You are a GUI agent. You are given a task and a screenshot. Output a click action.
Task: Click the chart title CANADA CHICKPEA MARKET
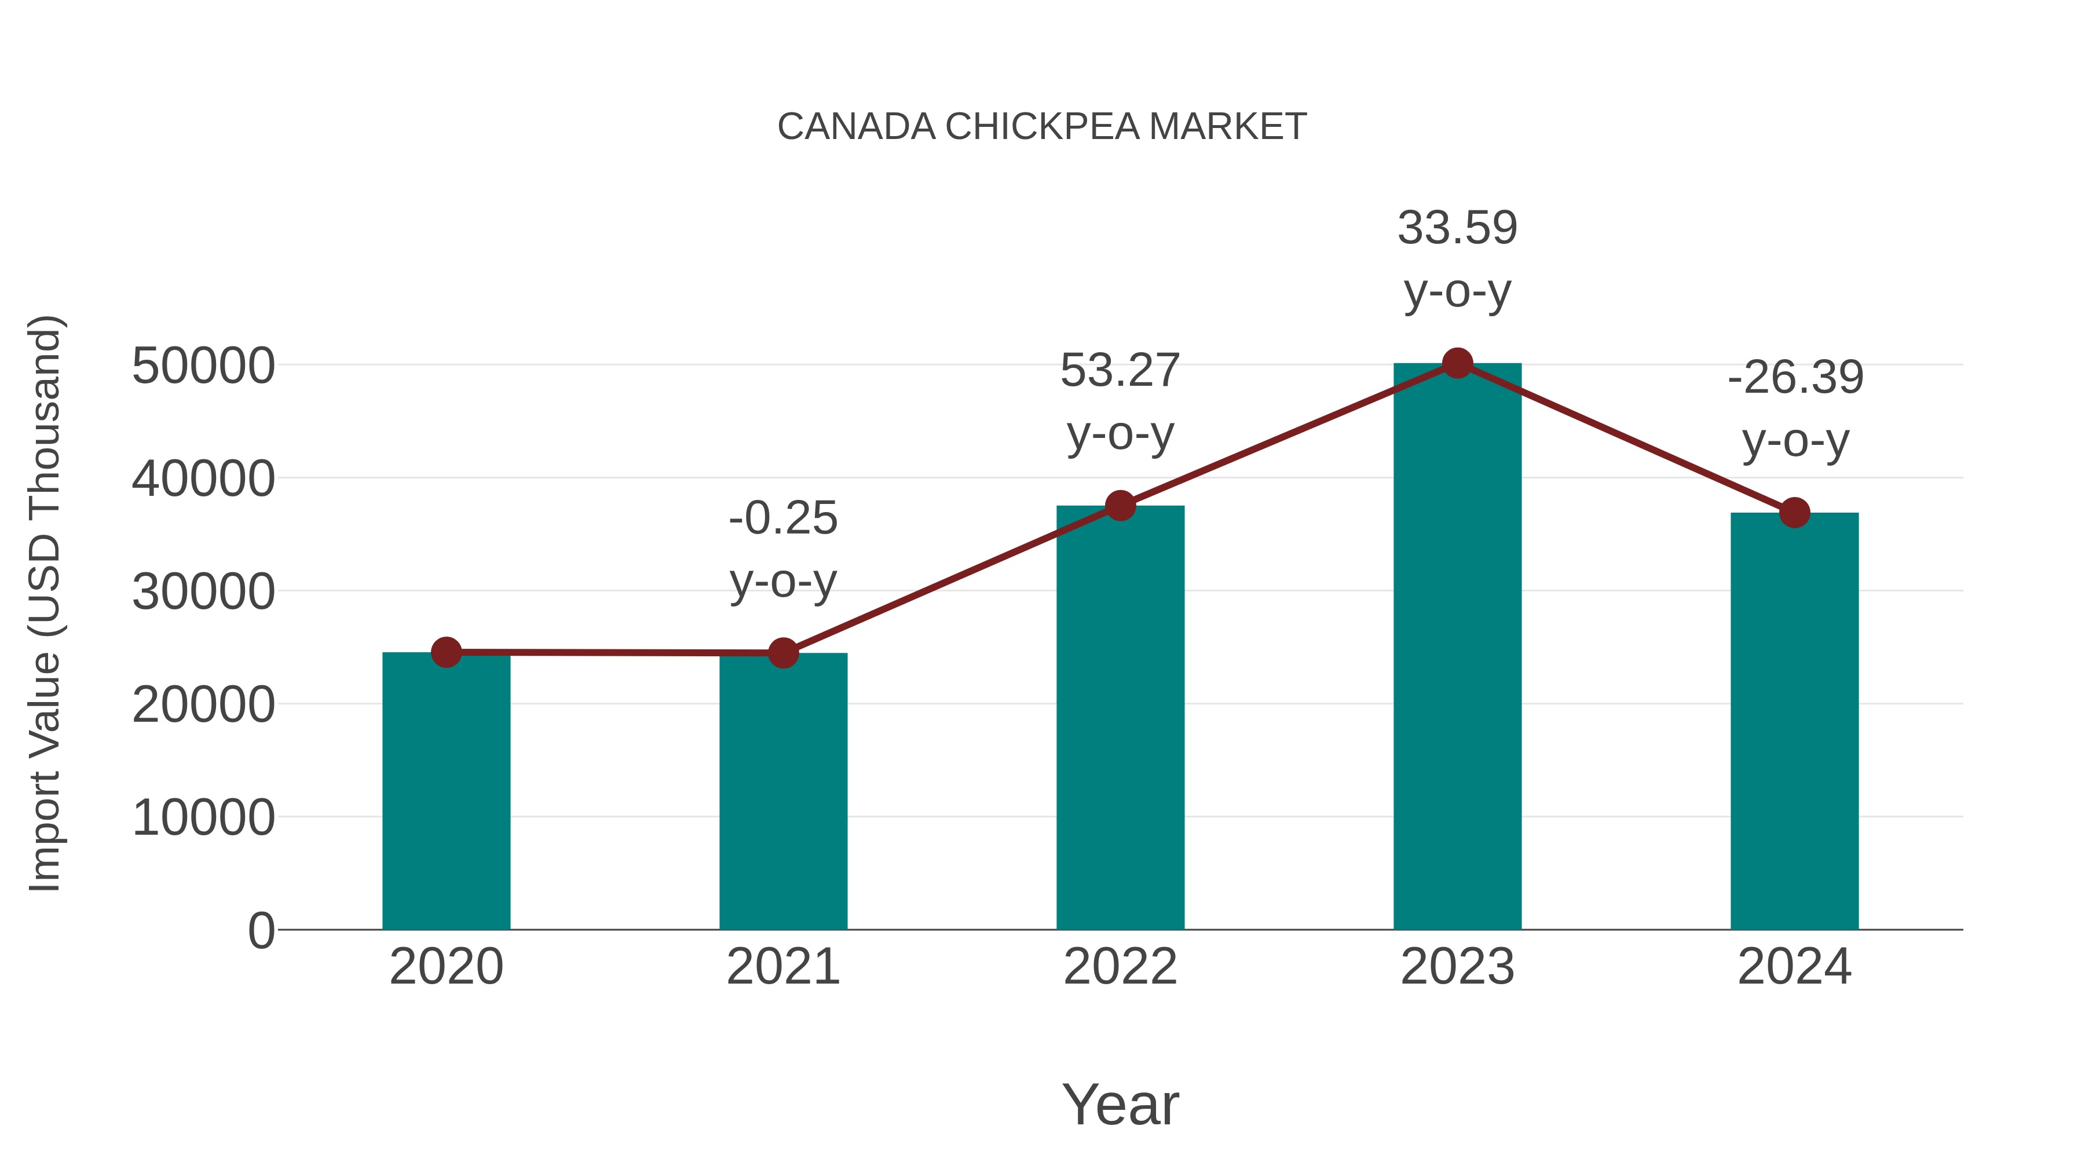[x=1042, y=127]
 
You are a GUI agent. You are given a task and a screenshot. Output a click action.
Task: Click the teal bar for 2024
[x=1794, y=721]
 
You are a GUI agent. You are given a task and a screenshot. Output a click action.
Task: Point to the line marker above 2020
[x=446, y=652]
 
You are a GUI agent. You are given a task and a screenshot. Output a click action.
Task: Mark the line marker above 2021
[x=782, y=652]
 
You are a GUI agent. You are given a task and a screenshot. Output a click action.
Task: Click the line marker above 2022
[x=1120, y=506]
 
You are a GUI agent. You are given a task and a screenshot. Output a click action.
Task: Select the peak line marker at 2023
[x=1457, y=363]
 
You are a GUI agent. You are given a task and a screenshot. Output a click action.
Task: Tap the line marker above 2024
[x=1794, y=513]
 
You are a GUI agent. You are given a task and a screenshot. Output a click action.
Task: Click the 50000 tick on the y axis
[x=203, y=366]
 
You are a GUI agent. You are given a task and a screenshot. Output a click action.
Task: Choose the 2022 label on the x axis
[x=1120, y=967]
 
